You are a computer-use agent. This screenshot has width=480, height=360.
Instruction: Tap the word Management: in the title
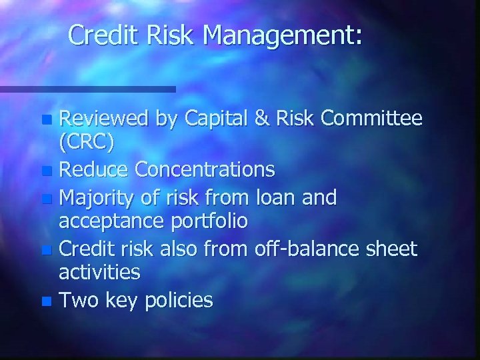point(285,37)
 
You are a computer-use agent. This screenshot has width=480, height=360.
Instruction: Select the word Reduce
point(94,171)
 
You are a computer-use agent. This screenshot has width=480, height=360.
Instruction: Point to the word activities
point(99,272)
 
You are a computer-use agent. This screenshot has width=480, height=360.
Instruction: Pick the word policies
point(179,301)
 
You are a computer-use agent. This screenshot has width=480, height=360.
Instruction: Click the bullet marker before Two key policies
point(45,302)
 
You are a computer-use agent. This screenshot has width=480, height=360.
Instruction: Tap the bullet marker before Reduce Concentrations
point(45,171)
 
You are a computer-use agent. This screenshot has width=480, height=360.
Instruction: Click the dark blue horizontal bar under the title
point(87,89)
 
